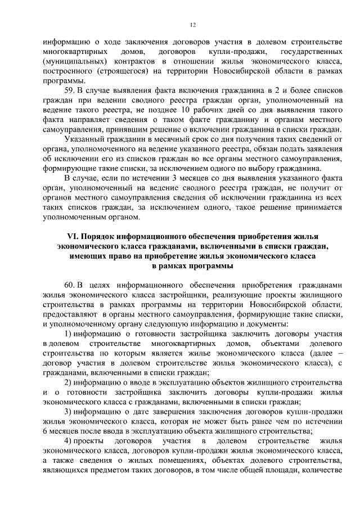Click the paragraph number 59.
pos(70,90)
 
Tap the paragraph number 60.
pos(70,285)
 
